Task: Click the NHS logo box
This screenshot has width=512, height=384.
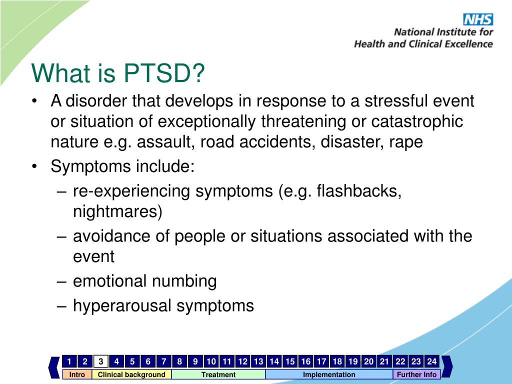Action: (478, 19)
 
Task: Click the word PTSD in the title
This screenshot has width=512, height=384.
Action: (164, 73)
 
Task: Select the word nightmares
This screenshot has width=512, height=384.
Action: (117, 211)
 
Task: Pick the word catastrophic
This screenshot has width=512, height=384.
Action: (417, 121)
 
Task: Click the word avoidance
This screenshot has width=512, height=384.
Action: (111, 236)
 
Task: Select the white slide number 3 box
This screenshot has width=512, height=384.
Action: (101, 361)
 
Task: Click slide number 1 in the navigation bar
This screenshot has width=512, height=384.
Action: (69, 361)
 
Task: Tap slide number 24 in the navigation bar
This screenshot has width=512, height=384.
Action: (431, 361)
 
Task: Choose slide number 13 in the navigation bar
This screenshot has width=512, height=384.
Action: (258, 361)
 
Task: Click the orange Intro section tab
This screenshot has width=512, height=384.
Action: (77, 374)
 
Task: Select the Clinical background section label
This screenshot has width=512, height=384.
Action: (131, 374)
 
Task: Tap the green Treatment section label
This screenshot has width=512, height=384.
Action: (218, 374)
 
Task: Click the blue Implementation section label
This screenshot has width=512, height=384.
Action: (329, 374)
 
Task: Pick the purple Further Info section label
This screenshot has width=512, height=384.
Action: (416, 374)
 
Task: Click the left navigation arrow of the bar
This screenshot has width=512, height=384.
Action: (54, 367)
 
